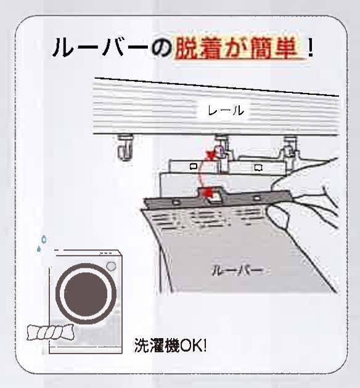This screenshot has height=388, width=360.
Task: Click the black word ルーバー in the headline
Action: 100,47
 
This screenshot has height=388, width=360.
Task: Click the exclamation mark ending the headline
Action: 310,49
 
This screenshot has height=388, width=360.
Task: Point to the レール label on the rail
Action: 226,110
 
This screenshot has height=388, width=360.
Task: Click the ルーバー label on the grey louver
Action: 237,271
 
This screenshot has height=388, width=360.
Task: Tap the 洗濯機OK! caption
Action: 170,345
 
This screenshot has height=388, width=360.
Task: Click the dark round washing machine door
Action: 86,294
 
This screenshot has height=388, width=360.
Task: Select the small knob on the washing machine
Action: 111,267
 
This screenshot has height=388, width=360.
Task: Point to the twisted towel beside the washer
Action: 51,333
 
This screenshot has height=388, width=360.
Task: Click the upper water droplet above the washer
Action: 44,238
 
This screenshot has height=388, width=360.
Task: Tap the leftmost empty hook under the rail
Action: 125,147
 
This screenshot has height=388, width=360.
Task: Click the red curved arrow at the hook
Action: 204,171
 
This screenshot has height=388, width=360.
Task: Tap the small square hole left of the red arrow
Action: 194,166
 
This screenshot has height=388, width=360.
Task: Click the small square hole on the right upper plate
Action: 258,168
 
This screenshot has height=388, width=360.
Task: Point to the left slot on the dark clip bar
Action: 176,202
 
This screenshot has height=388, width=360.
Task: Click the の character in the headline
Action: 161,48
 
